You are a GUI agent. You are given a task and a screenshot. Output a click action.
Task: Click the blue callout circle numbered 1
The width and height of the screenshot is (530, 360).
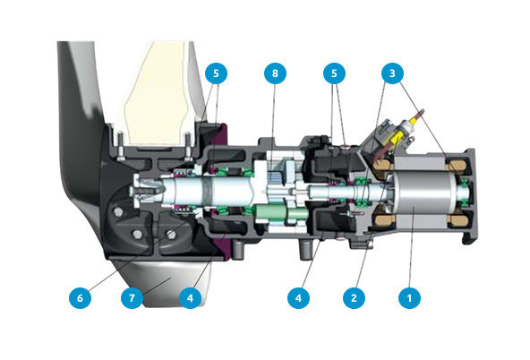click(x=409, y=298)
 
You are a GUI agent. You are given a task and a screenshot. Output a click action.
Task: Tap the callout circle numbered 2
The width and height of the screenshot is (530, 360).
click(x=354, y=298)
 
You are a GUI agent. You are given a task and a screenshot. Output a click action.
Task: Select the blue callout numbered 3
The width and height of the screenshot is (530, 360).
click(x=392, y=73)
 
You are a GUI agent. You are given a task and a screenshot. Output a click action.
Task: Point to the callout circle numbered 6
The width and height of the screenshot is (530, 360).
click(x=80, y=298)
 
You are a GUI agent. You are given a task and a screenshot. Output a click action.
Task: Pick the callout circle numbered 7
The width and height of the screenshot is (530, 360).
click(x=132, y=298)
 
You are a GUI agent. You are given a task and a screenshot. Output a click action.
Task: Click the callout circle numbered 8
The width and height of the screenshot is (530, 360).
click(x=275, y=73)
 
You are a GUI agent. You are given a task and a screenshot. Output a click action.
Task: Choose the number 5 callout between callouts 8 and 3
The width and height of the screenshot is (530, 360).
click(x=334, y=73)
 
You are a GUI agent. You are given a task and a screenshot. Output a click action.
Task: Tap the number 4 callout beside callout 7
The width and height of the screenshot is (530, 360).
click(x=190, y=298)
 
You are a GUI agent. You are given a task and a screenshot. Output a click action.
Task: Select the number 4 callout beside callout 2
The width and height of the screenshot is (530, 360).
click(x=298, y=298)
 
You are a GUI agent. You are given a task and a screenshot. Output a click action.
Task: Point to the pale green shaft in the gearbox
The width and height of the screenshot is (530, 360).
click(x=280, y=214)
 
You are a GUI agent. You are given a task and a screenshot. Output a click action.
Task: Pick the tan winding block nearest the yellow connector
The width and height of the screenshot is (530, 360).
click(x=383, y=165)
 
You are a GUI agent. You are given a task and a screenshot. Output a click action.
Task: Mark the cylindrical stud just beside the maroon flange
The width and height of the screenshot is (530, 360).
click(x=237, y=250)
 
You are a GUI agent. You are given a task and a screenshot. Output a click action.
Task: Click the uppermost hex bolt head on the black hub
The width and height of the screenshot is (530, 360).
click(x=118, y=212)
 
